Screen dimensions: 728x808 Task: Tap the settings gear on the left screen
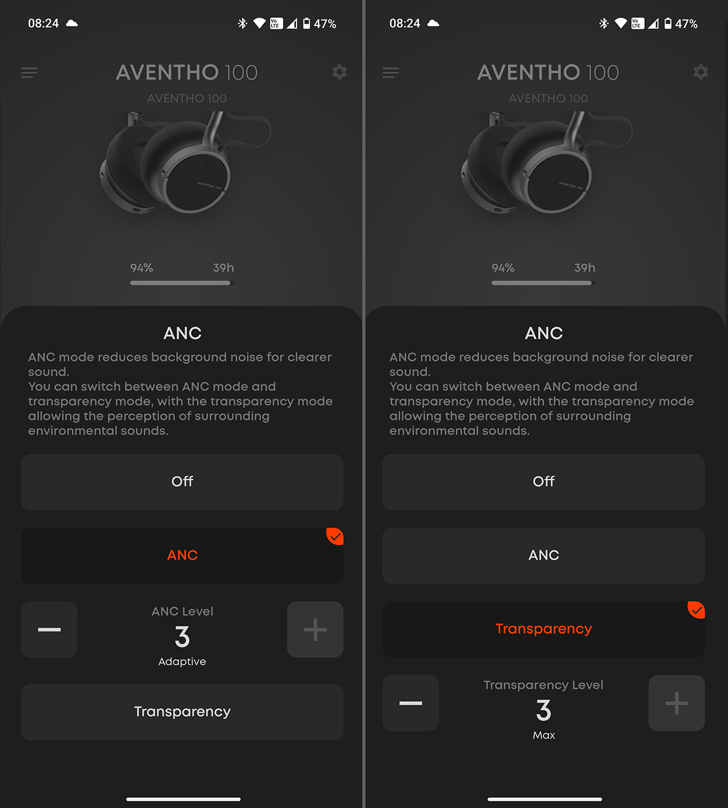click(x=340, y=72)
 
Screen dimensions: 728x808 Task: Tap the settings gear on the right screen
click(x=701, y=72)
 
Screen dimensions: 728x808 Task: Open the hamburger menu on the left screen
click(x=29, y=73)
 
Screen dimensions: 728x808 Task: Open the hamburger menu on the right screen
click(x=391, y=73)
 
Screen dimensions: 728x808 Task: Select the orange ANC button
click(x=183, y=555)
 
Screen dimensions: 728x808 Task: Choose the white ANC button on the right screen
click(x=544, y=555)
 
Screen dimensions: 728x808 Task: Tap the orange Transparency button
click(x=544, y=629)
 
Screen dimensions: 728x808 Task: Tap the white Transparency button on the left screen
click(x=183, y=712)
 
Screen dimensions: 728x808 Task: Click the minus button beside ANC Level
click(x=50, y=630)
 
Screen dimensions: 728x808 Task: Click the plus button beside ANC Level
click(x=315, y=630)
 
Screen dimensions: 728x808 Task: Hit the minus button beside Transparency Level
click(x=411, y=703)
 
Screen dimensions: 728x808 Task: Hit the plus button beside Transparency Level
click(x=677, y=703)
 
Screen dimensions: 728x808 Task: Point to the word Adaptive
click(x=183, y=661)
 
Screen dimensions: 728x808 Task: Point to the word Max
click(x=544, y=735)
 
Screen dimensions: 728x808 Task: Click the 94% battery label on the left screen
click(x=142, y=268)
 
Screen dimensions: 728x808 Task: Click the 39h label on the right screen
click(x=585, y=268)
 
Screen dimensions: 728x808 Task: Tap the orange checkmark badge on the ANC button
click(x=336, y=536)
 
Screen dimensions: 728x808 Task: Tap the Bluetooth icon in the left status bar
click(x=243, y=24)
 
